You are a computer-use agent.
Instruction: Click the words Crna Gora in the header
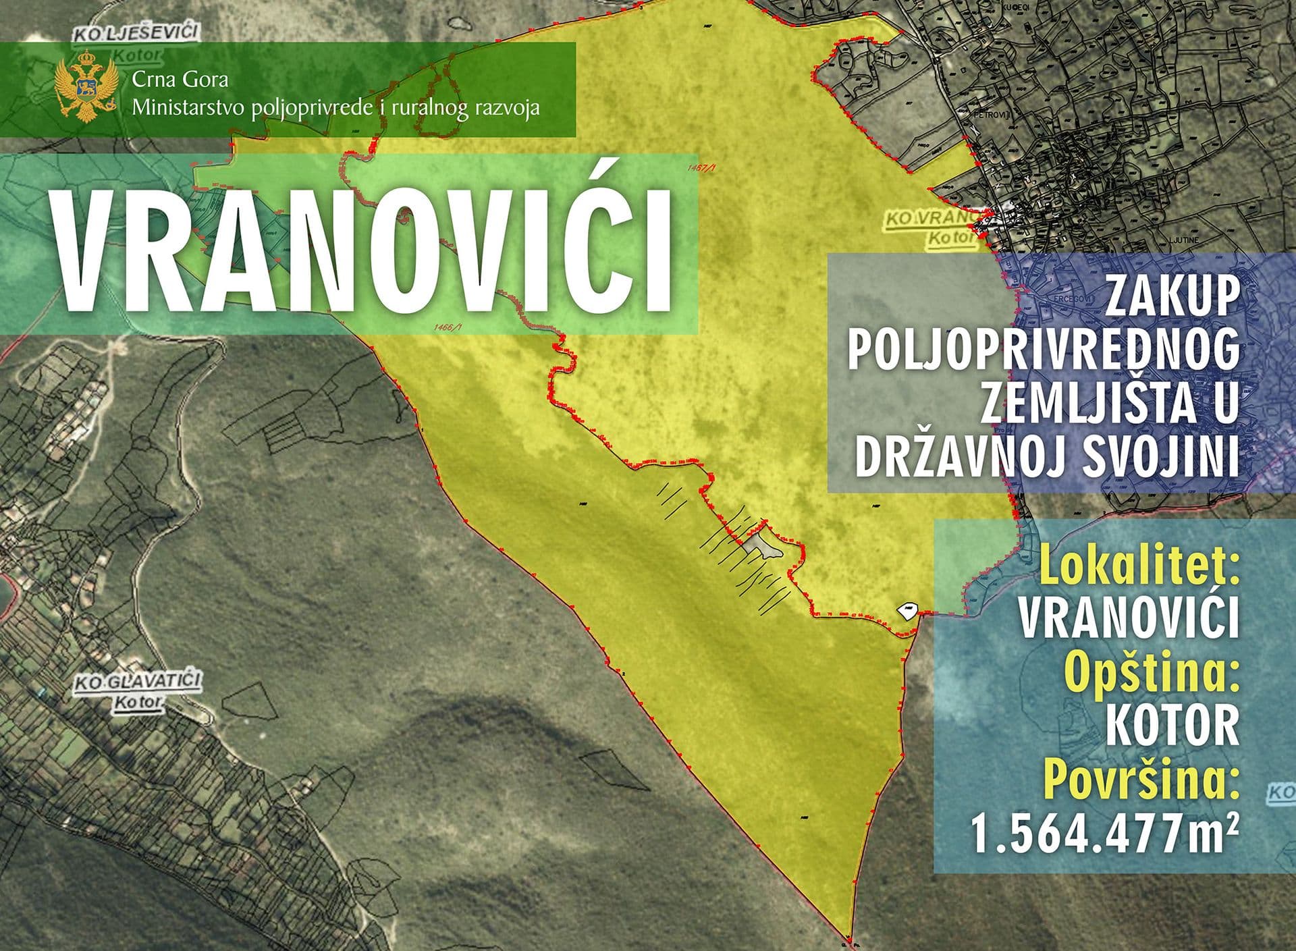coord(180,80)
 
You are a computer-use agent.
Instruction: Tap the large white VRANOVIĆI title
coord(365,250)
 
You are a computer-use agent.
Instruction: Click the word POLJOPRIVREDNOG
coord(1044,350)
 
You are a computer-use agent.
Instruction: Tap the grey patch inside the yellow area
coord(765,545)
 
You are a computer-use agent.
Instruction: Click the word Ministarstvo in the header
coord(190,107)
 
